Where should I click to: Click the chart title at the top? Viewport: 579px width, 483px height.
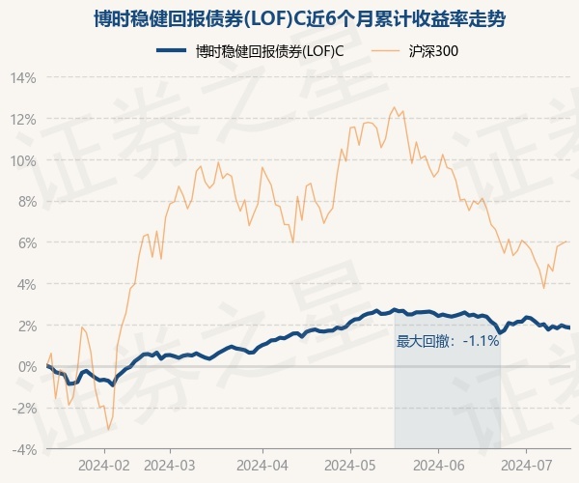(299, 19)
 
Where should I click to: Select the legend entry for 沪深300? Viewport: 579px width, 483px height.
(414, 51)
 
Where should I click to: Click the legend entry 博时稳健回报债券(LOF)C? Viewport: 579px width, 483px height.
(250, 51)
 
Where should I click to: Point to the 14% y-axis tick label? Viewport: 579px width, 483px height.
(23, 78)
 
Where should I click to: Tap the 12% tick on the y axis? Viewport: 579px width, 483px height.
(23, 120)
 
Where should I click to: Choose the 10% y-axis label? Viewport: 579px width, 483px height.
(23, 161)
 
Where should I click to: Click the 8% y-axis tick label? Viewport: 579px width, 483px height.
(27, 202)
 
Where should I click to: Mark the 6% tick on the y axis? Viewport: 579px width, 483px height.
(27, 243)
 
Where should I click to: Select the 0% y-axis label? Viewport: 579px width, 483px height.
(27, 367)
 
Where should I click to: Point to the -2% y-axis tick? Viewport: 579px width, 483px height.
(24, 409)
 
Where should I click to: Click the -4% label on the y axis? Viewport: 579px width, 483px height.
(24, 450)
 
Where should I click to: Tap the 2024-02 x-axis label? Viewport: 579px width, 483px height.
(104, 466)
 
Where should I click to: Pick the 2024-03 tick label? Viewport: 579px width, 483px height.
(170, 466)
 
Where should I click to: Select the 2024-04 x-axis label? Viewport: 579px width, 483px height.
(262, 466)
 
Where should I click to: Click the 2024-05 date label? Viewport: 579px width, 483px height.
(350, 466)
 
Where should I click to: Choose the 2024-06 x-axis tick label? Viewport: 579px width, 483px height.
(439, 466)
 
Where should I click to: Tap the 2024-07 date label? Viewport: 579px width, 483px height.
(526, 466)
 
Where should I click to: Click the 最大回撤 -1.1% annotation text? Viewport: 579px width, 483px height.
(448, 341)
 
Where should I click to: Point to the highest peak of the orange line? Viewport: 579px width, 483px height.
(394, 107)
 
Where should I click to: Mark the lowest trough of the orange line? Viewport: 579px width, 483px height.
(108, 430)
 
